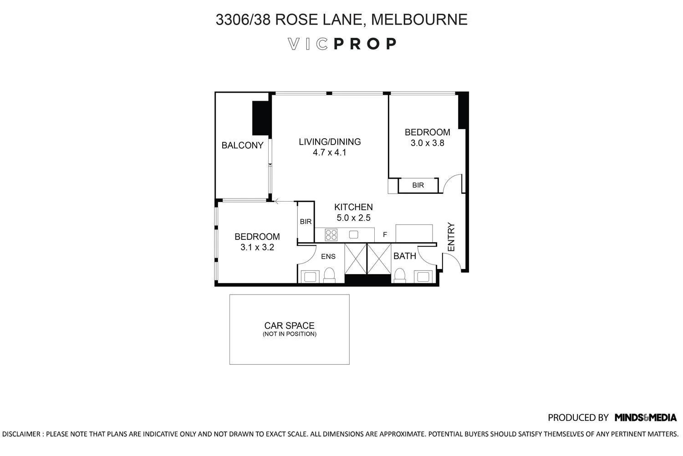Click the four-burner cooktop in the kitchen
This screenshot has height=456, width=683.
tap(331, 235)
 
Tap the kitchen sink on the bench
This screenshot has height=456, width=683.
tap(354, 235)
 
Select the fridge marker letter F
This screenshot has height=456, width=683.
tap(385, 235)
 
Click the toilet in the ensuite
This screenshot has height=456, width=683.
tap(329, 275)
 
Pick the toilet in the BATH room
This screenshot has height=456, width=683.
tap(400, 275)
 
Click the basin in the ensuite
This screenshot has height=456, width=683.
tap(311, 277)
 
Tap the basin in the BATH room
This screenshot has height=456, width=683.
tap(423, 277)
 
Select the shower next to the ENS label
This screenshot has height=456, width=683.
tap(355, 259)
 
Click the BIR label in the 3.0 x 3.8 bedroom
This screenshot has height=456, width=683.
tap(418, 186)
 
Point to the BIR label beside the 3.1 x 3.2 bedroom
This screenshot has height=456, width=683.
tap(306, 222)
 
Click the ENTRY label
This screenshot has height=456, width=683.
tap(451, 237)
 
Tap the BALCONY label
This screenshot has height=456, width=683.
tap(242, 145)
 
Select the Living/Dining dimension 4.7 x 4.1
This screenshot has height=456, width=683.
tap(330, 153)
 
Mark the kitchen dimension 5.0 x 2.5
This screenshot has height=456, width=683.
tap(353, 218)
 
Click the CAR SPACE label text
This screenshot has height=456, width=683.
tap(289, 326)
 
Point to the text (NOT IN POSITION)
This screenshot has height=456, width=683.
tap(289, 334)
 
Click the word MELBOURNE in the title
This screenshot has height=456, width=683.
tap(419, 20)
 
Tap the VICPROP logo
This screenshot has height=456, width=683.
tap(342, 44)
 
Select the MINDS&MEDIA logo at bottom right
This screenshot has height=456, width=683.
tap(645, 418)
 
